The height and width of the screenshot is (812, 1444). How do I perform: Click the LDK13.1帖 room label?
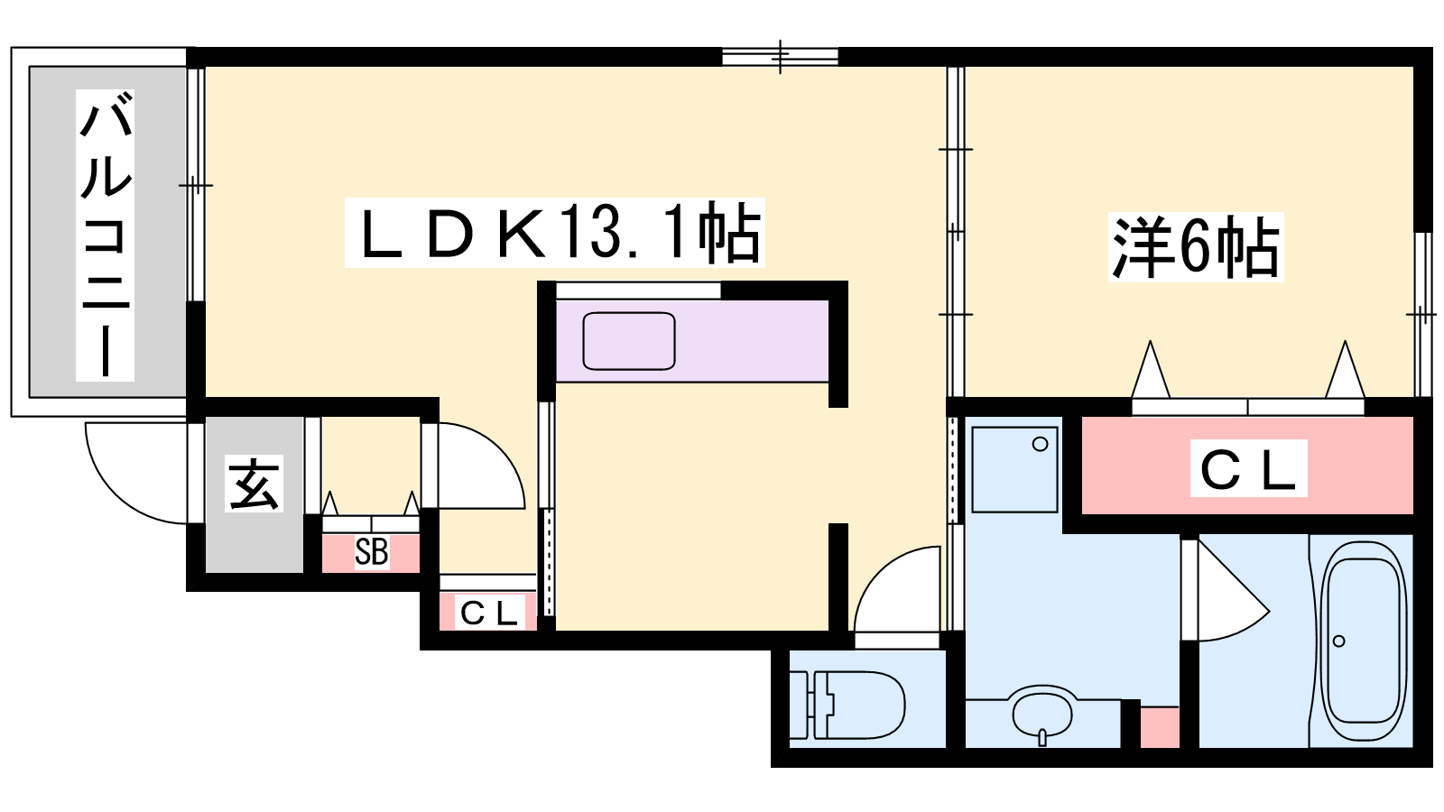coord(554,233)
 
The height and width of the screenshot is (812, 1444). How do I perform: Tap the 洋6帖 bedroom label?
coord(1196,247)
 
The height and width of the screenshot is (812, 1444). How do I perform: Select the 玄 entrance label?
coord(254,484)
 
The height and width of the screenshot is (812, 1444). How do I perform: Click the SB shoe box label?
coord(371,552)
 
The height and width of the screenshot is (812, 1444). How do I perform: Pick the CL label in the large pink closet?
coord(1248,468)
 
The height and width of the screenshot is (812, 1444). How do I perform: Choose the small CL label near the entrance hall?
coord(489,612)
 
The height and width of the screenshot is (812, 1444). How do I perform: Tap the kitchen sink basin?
coord(628,341)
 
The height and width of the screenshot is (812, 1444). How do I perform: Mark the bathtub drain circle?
coord(1338,641)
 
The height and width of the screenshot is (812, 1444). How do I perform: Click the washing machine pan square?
coord(1015,470)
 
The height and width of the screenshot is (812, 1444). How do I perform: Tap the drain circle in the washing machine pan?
coord(1040,444)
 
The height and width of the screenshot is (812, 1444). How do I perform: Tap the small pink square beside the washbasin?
coord(1160,727)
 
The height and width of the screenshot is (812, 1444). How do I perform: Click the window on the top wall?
coord(780,57)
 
